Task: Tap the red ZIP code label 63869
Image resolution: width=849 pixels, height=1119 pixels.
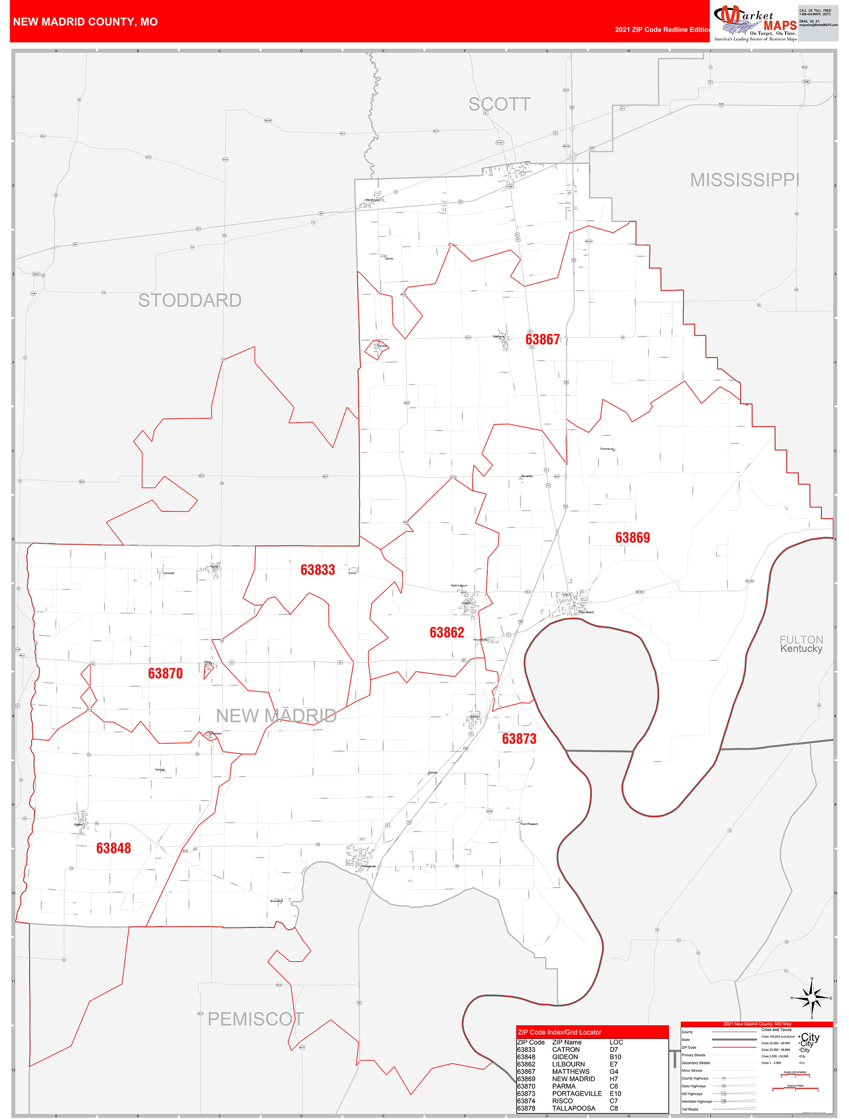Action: [632, 537]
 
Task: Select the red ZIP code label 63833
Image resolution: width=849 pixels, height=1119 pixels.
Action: [317, 570]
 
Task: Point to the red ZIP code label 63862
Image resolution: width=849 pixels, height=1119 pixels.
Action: [446, 632]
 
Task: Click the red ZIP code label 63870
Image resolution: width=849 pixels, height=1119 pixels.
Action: [165, 673]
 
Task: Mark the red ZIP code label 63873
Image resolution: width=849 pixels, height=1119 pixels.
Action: [519, 739]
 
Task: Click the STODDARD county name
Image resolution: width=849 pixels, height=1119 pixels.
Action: [190, 300]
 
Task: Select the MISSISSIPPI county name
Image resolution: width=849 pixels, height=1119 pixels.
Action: [744, 180]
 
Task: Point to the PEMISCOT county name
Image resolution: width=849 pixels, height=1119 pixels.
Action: [256, 1019]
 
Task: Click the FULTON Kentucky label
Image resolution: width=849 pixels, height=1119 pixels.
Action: [801, 644]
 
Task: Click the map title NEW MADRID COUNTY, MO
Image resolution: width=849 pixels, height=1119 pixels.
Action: [86, 22]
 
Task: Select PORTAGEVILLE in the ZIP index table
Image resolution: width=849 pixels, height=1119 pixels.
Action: [576, 1093]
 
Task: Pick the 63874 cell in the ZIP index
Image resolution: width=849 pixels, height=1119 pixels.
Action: [526, 1101]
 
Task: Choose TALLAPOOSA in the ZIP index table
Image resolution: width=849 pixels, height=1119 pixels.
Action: [573, 1108]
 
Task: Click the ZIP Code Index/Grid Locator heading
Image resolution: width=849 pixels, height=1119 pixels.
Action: [559, 1032]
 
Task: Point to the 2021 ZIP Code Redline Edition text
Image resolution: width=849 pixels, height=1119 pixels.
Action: [662, 30]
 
